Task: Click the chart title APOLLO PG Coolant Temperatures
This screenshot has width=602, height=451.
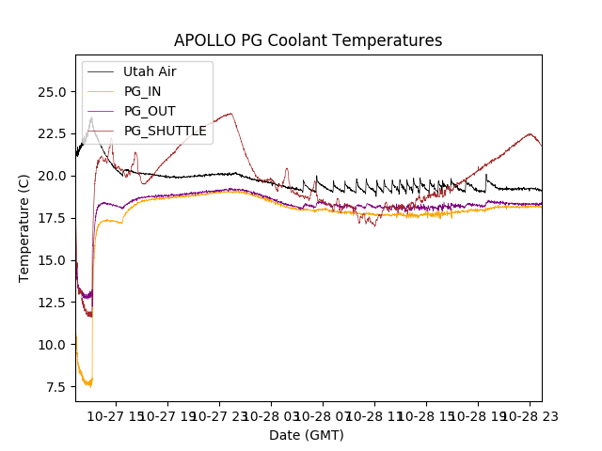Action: [x=308, y=41]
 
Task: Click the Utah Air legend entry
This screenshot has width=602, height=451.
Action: [x=150, y=71]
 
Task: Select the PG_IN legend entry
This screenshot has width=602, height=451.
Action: [x=143, y=91]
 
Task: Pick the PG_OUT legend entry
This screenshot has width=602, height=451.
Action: [x=150, y=111]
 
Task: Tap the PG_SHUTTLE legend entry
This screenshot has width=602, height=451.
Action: [x=165, y=131]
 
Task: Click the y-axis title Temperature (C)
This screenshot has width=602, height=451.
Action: [x=24, y=228]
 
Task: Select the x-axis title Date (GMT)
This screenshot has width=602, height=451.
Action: [x=307, y=435]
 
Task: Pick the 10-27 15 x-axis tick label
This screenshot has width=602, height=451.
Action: [x=116, y=414]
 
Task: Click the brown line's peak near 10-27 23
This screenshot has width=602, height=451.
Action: [x=230, y=114]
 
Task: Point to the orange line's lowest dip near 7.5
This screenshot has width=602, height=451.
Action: [x=89, y=386]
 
